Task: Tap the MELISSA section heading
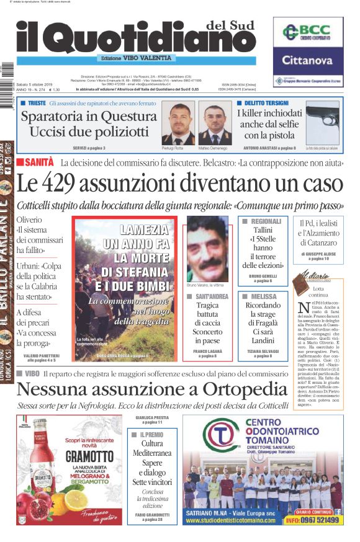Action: pos(264,297)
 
